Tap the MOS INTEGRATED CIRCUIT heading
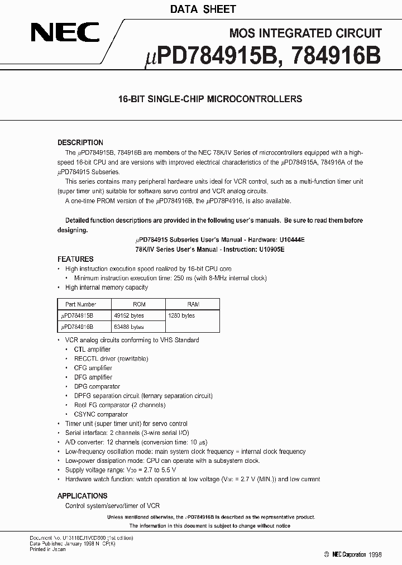pos(305,33)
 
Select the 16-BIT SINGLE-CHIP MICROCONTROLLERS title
pos(210,99)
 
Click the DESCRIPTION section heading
pos(80,142)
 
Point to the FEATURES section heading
pos(75,259)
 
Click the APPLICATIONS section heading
pos(82,496)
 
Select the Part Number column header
pos(81,304)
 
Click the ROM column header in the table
pos(139,304)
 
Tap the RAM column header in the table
pos(193,304)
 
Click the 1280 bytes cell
pos(181,315)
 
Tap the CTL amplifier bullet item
pos(92,349)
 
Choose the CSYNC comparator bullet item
pos(100,414)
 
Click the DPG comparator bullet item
pos(97,386)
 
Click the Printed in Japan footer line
pos(47,549)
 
